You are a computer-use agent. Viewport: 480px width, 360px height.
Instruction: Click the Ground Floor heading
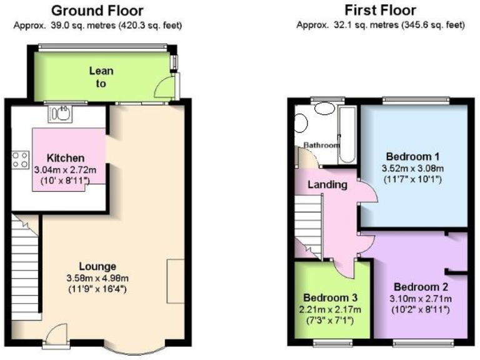coord(97,11)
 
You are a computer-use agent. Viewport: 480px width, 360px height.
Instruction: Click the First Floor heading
coord(380,11)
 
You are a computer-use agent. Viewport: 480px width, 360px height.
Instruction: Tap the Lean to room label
coord(101,77)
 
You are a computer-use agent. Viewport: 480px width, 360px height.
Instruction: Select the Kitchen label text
coord(66,158)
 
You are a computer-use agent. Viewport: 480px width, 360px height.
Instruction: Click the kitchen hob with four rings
coord(19,159)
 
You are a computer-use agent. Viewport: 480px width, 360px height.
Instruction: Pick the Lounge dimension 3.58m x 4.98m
coord(97,278)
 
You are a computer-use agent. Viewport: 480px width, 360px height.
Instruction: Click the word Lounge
coord(97,267)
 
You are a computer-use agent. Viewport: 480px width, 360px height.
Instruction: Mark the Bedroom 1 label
coord(414,156)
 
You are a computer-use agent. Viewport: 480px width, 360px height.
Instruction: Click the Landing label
coord(327,185)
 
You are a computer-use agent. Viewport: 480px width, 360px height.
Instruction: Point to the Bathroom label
coord(321,146)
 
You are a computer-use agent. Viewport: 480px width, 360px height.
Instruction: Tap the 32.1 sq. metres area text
coord(335,26)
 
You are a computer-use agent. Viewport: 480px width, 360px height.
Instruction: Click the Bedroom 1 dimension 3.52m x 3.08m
coord(414,168)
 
